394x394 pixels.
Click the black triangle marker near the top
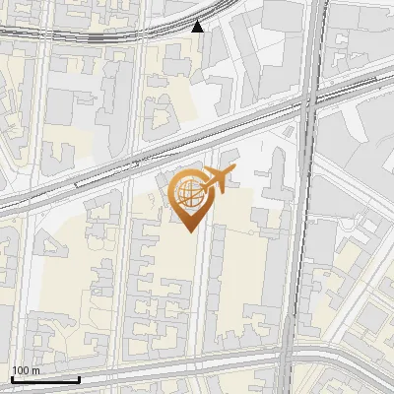point(198,26)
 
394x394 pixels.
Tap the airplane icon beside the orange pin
point(219,179)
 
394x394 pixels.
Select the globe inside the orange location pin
point(187,191)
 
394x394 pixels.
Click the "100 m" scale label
point(26,370)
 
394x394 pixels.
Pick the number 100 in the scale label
point(21,370)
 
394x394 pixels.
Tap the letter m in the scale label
point(35,370)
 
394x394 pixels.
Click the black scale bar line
point(45,379)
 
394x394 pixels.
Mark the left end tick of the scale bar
point(12,377)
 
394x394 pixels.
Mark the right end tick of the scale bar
point(79,377)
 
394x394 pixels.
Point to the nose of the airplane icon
point(234,171)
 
